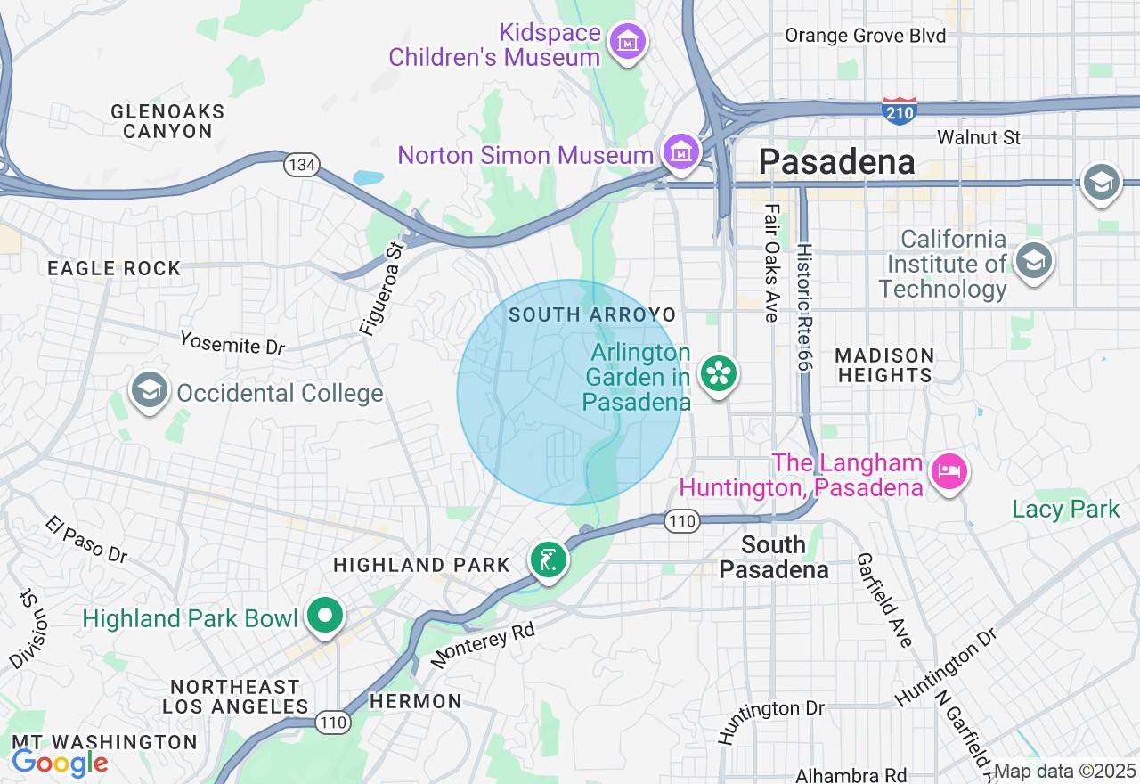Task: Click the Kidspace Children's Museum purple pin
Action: [628, 41]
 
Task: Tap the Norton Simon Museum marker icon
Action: [681, 152]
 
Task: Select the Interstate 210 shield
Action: [900, 111]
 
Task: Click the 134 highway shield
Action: [302, 165]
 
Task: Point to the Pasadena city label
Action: [836, 162]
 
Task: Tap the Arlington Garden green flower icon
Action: [718, 373]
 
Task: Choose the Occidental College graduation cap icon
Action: [149, 390]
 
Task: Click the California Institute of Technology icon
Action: [1034, 262]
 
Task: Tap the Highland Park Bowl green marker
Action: [326, 616]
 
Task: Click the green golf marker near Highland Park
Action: [549, 560]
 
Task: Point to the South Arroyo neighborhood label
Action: [592, 314]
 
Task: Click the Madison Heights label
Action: [884, 365]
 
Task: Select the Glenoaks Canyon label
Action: [167, 121]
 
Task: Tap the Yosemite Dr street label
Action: [232, 343]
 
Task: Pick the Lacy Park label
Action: [1066, 509]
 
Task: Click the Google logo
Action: [60, 763]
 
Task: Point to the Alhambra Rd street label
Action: [851, 775]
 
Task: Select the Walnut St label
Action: [979, 137]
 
